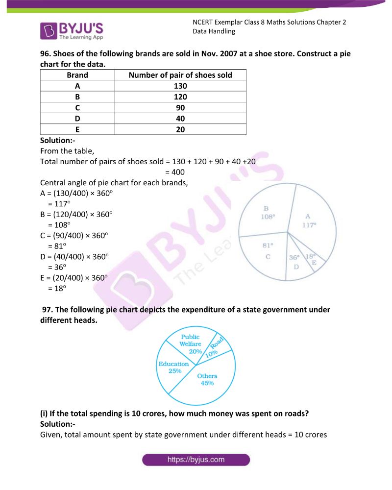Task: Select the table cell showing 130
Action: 180,86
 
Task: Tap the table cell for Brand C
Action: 77,107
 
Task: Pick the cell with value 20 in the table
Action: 180,129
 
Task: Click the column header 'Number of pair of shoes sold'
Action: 180,75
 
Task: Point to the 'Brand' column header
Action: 77,75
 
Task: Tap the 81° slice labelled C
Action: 267,252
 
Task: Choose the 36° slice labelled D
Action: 295,265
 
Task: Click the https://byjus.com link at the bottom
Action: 196,460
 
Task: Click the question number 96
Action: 46,54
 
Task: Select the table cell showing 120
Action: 180,97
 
